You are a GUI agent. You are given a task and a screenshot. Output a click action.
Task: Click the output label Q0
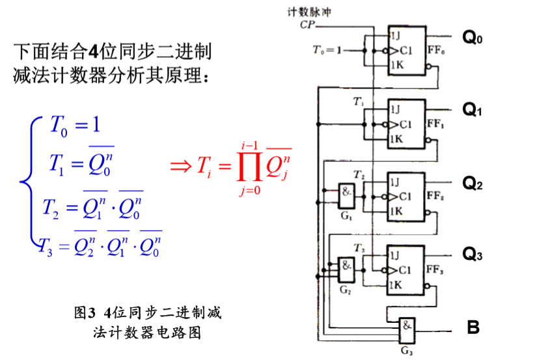coord(472,38)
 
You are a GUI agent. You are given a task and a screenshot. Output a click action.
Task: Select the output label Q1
coord(472,110)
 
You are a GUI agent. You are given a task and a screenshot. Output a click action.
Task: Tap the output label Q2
coord(472,184)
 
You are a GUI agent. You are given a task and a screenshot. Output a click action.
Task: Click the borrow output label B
coord(473,327)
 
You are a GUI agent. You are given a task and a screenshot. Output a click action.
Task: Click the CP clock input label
coord(308,25)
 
